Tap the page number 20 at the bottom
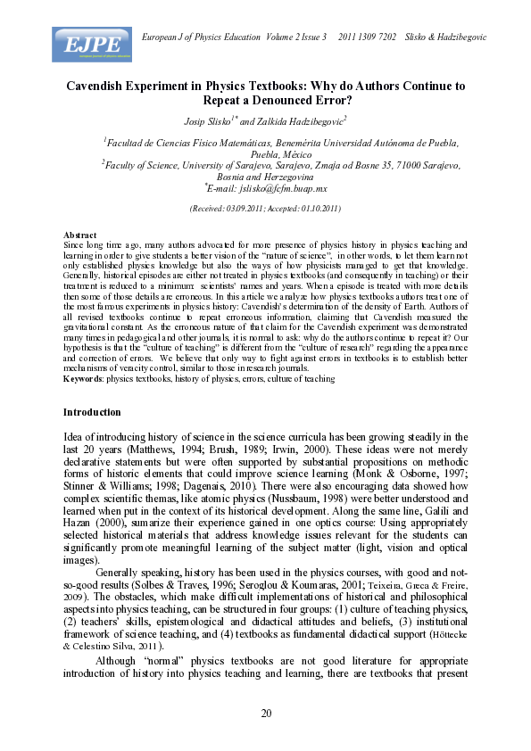tap(265, 712)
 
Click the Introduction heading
tap(92, 412)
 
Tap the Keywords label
tap(84, 379)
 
